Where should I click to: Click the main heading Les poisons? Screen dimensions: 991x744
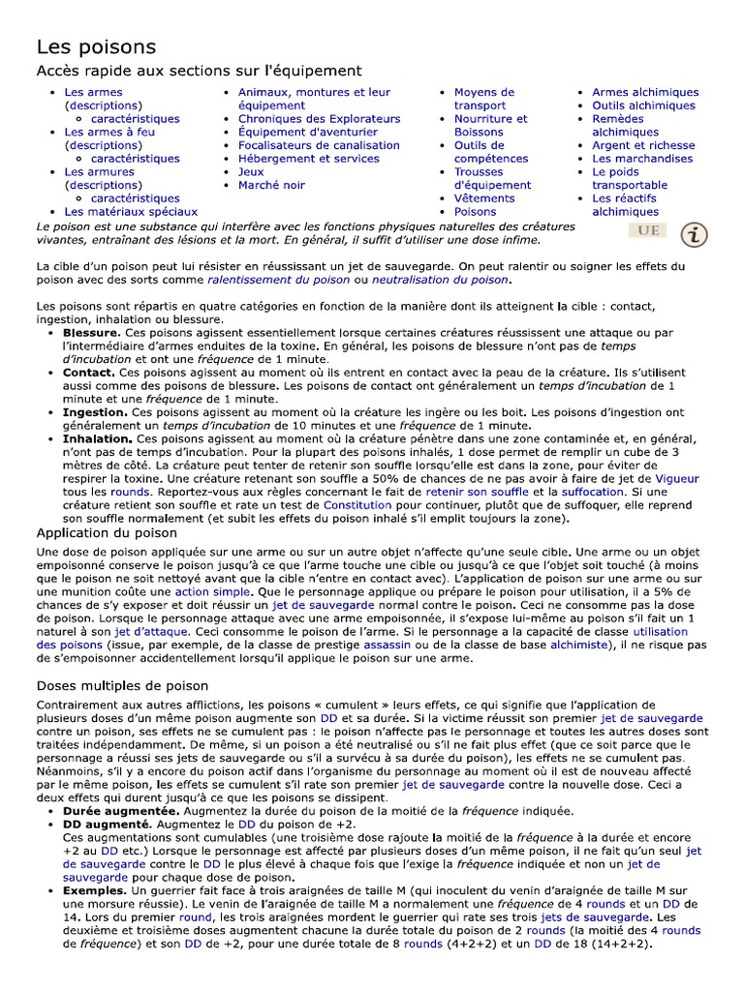(x=96, y=46)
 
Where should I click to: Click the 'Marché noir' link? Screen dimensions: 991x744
(x=271, y=185)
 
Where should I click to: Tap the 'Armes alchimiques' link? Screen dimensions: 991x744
(x=644, y=93)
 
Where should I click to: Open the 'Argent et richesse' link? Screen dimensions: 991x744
(x=643, y=145)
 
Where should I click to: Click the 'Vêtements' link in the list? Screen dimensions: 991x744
(x=484, y=198)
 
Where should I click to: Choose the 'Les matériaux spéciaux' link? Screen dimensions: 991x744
(x=131, y=211)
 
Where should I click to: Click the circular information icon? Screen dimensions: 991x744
(x=694, y=234)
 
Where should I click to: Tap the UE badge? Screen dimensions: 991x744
(x=648, y=230)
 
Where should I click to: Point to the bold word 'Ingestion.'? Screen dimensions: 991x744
(x=95, y=412)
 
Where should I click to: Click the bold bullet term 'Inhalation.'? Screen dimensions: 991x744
(x=98, y=438)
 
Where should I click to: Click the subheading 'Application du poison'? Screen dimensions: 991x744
(x=107, y=532)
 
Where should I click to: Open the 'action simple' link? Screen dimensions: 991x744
(x=205, y=591)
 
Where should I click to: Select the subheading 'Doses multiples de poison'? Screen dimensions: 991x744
(x=122, y=685)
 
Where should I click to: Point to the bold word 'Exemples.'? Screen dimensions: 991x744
(x=95, y=889)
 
